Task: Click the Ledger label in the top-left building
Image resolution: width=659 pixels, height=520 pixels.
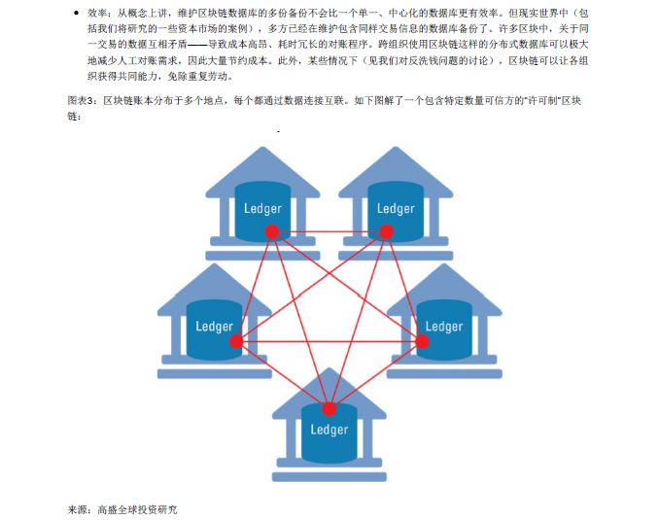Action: click(262, 208)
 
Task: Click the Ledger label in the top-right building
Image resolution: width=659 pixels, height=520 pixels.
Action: click(396, 208)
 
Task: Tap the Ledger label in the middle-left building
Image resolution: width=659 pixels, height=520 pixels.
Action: click(214, 326)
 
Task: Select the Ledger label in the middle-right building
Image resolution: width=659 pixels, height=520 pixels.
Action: click(444, 326)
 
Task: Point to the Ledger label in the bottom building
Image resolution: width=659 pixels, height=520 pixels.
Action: click(329, 429)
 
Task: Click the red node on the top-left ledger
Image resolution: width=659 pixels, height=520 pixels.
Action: click(272, 231)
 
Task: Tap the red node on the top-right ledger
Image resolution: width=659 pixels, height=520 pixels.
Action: click(387, 231)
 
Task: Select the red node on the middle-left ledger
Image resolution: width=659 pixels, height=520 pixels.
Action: click(236, 341)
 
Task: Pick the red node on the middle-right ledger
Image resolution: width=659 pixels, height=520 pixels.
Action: click(423, 341)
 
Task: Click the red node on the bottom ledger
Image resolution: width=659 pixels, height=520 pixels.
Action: click(329, 409)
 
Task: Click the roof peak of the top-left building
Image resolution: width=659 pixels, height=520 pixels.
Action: click(262, 149)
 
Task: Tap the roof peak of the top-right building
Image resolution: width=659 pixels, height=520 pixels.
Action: click(396, 149)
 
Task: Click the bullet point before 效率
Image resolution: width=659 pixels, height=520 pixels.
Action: click(77, 15)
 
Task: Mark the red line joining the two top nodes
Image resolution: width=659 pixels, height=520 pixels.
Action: click(329, 231)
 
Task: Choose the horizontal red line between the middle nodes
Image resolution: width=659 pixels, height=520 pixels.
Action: click(329, 341)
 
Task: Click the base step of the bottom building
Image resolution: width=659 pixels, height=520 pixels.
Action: click(329, 477)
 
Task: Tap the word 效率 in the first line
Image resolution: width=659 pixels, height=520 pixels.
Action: click(99, 15)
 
